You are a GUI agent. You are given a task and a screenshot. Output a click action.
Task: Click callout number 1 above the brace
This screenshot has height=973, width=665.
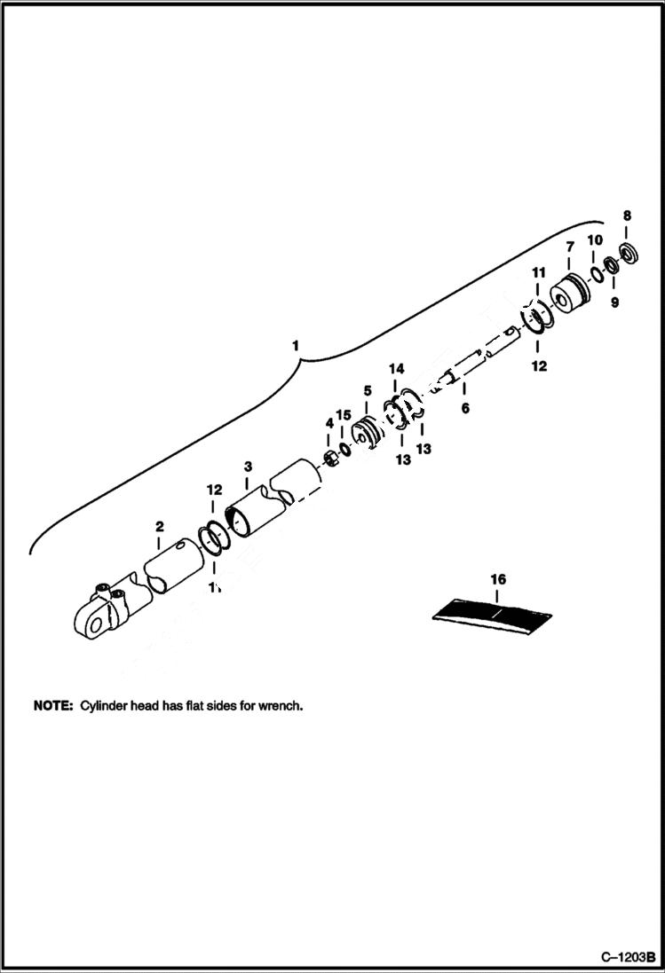click(297, 343)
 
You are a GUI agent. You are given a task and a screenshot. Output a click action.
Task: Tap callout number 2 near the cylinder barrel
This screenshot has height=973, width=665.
click(159, 527)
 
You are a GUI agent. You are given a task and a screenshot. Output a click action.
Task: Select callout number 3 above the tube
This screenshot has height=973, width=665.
click(248, 466)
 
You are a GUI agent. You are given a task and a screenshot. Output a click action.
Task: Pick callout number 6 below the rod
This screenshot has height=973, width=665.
click(464, 409)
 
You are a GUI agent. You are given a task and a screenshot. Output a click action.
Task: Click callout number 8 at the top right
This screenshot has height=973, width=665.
click(627, 216)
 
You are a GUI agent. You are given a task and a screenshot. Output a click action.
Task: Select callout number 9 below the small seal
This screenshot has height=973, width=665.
click(614, 302)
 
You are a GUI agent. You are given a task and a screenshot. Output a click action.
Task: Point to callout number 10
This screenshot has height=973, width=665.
click(595, 240)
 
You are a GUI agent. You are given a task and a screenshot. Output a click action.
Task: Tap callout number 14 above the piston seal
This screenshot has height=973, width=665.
click(396, 367)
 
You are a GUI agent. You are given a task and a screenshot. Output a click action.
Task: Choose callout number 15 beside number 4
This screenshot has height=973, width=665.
click(344, 415)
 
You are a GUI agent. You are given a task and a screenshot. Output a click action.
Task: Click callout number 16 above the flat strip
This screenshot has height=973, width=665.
click(498, 579)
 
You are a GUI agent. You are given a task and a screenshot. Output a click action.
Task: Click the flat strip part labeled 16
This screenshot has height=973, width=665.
click(494, 613)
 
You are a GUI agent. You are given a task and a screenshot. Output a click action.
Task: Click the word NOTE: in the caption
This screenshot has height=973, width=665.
click(52, 707)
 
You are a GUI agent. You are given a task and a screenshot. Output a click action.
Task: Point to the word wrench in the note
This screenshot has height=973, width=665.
click(282, 707)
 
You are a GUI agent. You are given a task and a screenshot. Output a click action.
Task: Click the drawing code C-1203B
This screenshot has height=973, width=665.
click(627, 958)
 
